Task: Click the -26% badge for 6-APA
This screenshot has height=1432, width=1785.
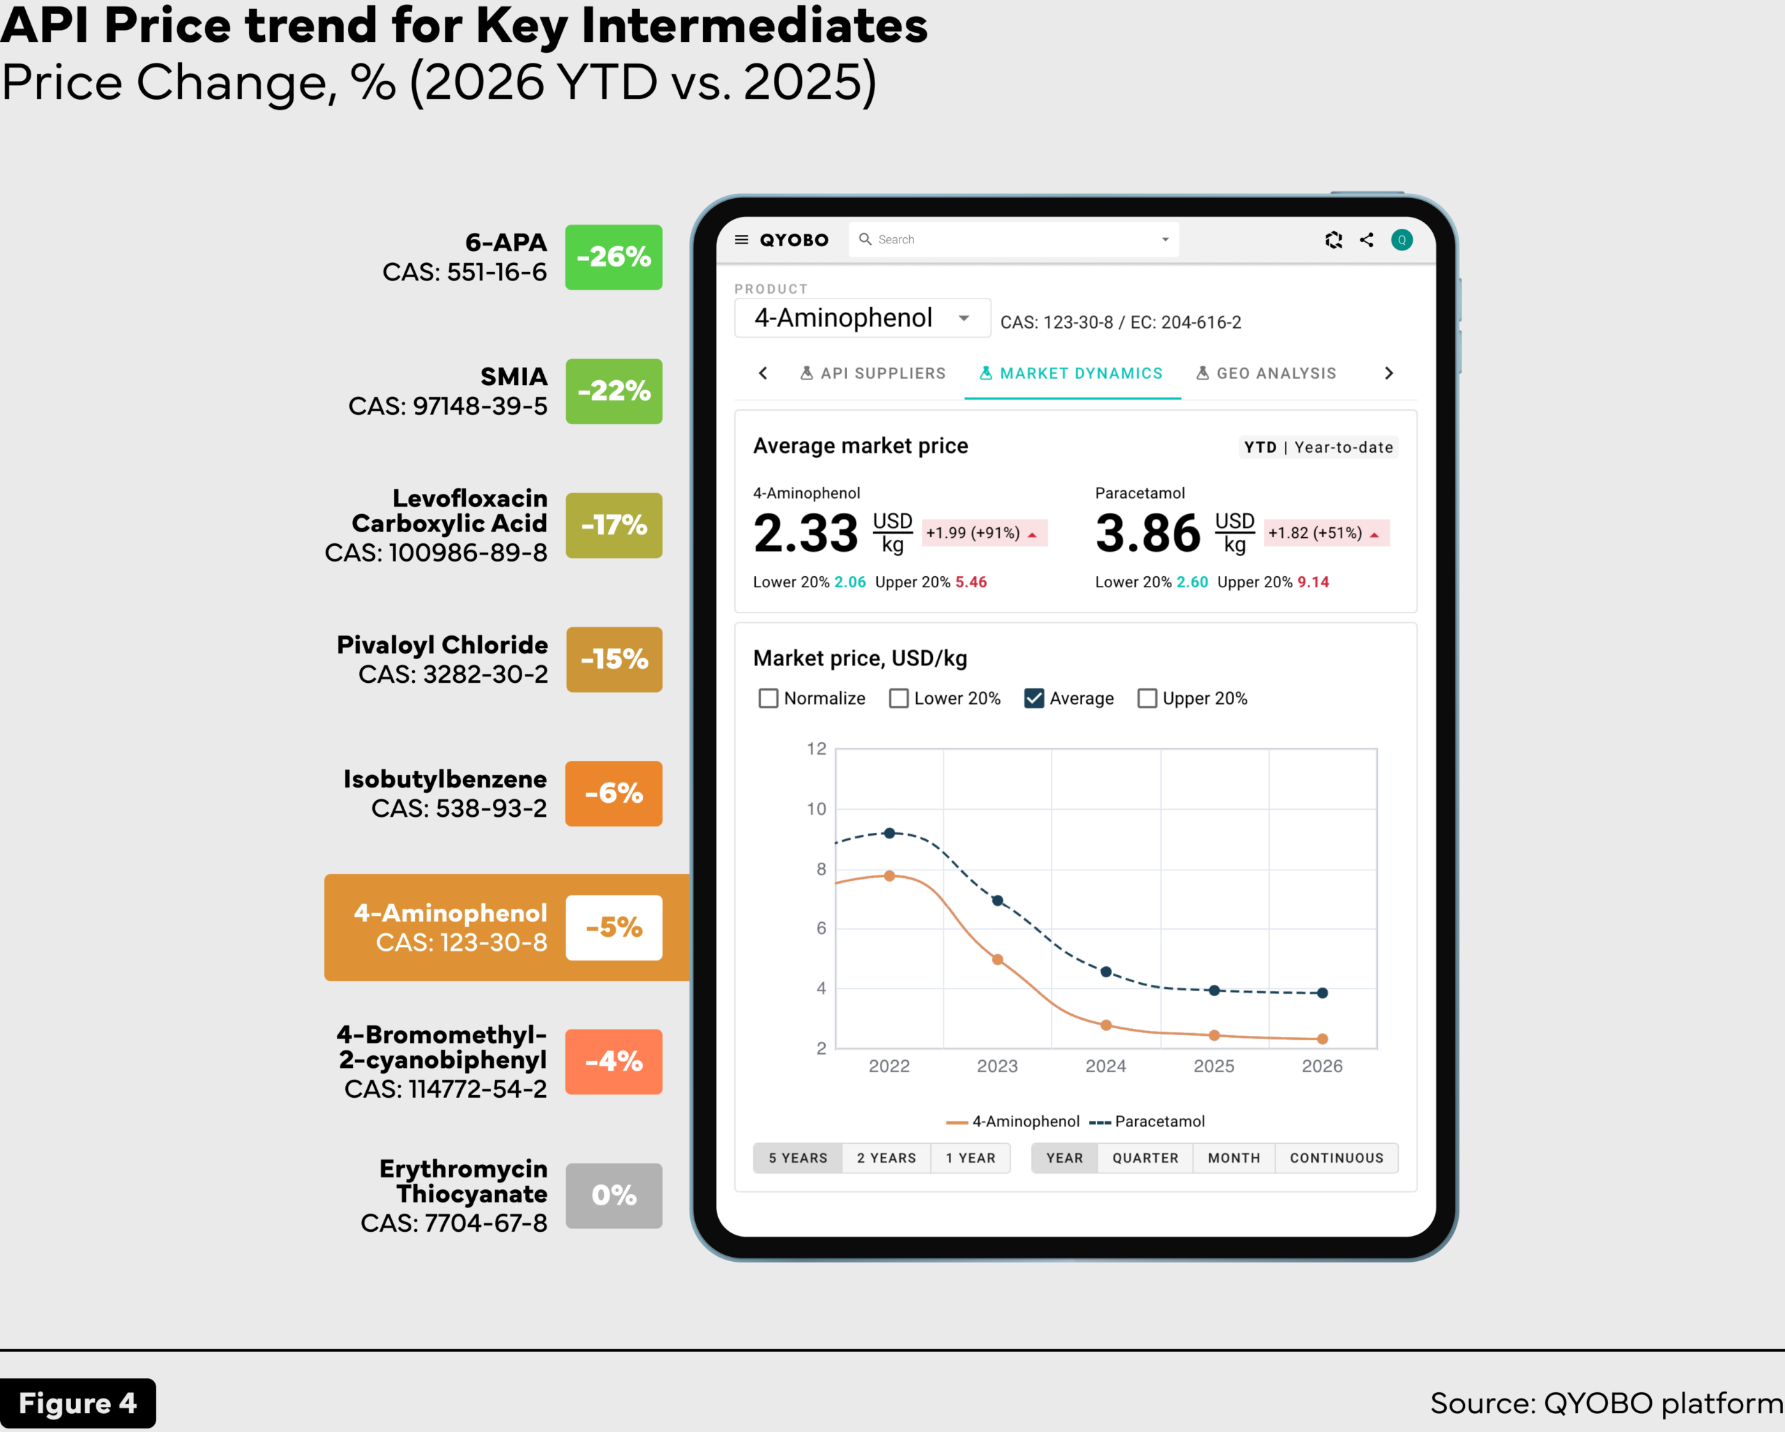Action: coord(614,257)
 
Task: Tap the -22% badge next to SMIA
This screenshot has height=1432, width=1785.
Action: coord(614,391)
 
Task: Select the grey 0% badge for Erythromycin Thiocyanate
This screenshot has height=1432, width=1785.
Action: coord(614,1195)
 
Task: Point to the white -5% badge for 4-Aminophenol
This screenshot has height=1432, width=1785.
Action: coord(614,927)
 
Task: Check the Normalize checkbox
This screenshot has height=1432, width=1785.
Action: coord(768,698)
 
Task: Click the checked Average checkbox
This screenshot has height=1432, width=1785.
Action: coord(1034,698)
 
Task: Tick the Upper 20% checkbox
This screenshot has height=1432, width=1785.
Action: coord(1147,698)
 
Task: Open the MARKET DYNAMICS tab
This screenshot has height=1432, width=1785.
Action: coord(1072,374)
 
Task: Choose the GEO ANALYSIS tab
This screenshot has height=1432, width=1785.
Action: coord(1267,374)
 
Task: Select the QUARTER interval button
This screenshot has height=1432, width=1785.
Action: coord(1145,1158)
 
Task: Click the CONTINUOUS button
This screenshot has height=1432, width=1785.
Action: coord(1336,1158)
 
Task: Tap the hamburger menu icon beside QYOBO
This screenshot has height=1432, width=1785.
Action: coord(742,239)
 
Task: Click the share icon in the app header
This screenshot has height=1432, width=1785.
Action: coord(1367,239)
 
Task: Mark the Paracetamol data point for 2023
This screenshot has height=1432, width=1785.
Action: coord(998,900)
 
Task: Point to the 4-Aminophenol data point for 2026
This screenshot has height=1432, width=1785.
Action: coord(1322,1039)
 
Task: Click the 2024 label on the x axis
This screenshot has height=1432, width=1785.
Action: coord(1105,1066)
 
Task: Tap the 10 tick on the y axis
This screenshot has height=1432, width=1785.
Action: coord(816,809)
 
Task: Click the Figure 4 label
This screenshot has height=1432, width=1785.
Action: coord(78,1403)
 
